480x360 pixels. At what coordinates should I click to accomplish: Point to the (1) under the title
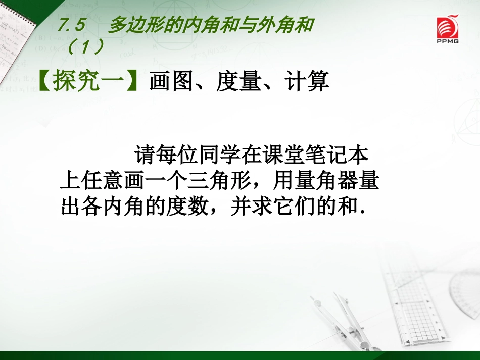85,47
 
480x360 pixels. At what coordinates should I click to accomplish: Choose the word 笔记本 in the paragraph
344,156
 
